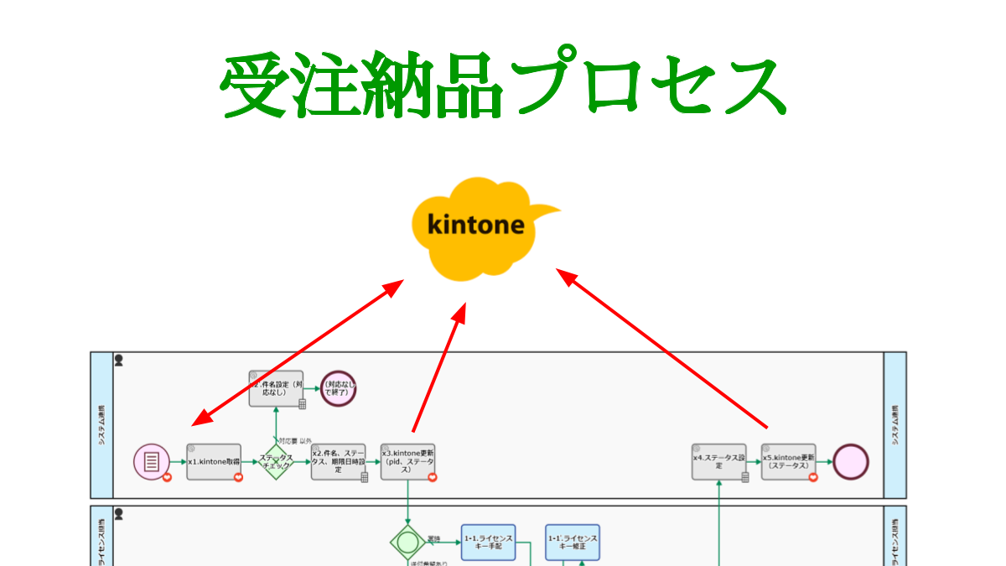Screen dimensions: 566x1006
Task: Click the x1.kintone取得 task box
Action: [214, 462]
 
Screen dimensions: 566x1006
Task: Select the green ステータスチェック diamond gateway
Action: [276, 461]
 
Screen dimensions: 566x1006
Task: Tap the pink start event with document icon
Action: [152, 461]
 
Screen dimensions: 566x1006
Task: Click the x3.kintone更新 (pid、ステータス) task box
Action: [407, 462]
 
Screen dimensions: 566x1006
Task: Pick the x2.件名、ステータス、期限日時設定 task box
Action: [339, 462]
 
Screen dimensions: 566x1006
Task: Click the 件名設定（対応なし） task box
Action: [276, 388]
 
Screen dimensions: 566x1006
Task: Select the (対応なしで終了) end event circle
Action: [339, 388]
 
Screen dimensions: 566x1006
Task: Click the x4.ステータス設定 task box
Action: [718, 462]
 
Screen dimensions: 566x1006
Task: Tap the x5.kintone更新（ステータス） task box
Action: [788, 462]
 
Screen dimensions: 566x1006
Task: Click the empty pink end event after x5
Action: [850, 462]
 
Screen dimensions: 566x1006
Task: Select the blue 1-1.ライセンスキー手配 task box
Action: [488, 542]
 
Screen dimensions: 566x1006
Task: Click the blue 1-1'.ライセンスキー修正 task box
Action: [573, 542]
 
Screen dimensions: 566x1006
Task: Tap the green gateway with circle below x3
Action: [407, 541]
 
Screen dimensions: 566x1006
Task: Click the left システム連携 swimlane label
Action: [101, 425]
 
